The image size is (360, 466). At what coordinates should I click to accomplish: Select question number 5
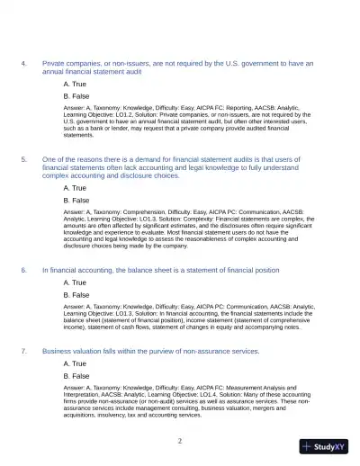[23, 157]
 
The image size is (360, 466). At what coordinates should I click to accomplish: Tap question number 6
[23, 270]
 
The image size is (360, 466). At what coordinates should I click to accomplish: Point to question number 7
[23, 349]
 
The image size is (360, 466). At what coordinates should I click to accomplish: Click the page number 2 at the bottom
[180, 441]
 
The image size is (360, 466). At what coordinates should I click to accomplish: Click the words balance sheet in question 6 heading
[150, 270]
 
